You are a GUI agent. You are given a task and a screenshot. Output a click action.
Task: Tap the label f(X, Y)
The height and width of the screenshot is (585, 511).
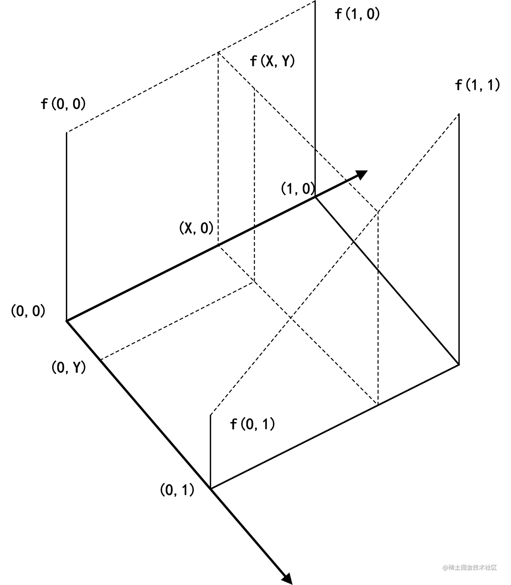[272, 61]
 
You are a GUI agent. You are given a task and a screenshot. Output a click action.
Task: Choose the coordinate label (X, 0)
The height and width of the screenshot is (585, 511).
[196, 228]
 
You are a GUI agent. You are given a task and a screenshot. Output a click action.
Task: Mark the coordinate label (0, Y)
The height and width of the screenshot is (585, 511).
[69, 367]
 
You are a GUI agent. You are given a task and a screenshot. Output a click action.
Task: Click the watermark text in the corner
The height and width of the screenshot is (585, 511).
[470, 567]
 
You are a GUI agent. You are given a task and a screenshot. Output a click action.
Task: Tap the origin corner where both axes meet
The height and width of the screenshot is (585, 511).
[67, 321]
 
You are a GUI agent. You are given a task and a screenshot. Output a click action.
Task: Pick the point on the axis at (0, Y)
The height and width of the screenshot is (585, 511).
[101, 360]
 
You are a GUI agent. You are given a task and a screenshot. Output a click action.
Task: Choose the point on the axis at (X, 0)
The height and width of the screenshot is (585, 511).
[218, 245]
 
